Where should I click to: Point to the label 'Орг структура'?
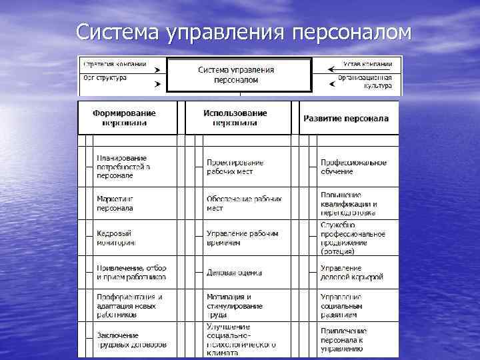point(103,78)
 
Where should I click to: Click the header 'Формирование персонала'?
point(125,118)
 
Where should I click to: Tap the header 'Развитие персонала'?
point(346,119)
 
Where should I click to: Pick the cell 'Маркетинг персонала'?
point(115,203)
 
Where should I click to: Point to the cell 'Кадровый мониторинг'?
point(115,238)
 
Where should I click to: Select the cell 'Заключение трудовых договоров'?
point(131,340)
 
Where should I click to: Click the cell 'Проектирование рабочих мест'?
point(235,167)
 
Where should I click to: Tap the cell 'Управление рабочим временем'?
point(241,238)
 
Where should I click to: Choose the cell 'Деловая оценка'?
point(234,273)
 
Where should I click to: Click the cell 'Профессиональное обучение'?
point(353,167)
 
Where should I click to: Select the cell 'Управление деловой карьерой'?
point(351,272)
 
